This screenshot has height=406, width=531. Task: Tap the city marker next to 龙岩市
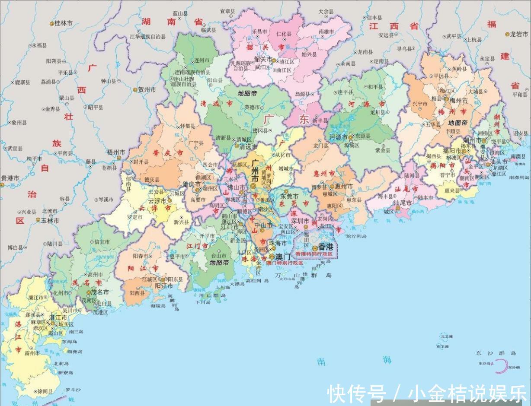pyautogui.click(x=508, y=34)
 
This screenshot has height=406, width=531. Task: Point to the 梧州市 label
pyautogui.click(x=116, y=152)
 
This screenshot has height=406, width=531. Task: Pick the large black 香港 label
pyautogui.click(x=326, y=247)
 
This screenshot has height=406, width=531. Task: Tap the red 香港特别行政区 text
pyautogui.click(x=314, y=254)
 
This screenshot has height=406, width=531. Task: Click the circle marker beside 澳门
pyautogui.click(x=272, y=256)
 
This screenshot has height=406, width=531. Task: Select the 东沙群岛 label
pyautogui.click(x=496, y=353)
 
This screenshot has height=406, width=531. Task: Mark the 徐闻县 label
pyautogui.click(x=45, y=391)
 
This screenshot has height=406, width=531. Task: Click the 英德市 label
pyautogui.click(x=253, y=107)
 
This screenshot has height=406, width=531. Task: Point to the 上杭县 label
pyautogui.click(x=473, y=39)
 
